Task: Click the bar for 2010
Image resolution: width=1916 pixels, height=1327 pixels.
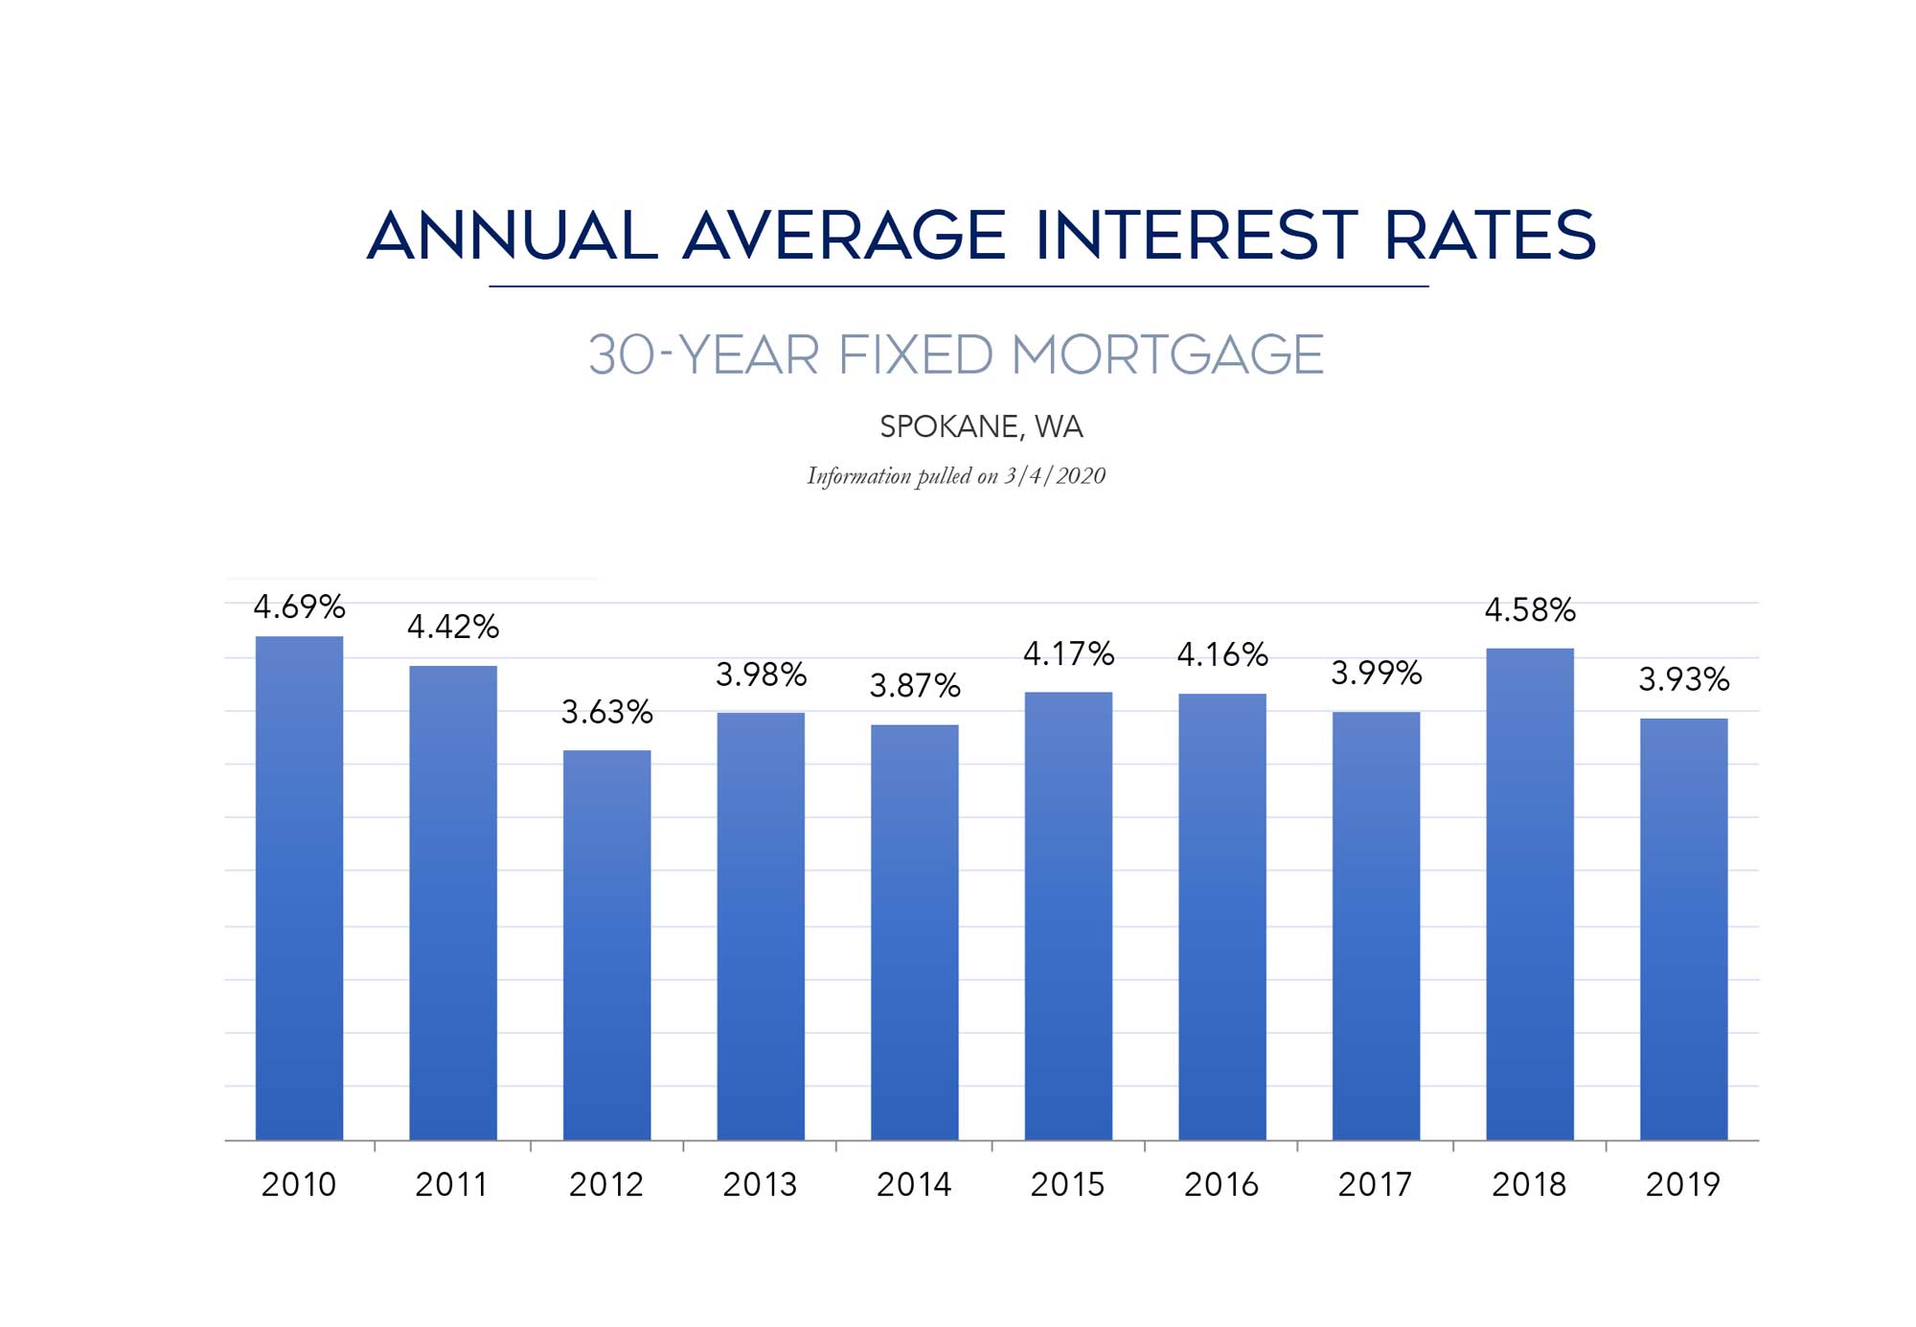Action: click(x=299, y=887)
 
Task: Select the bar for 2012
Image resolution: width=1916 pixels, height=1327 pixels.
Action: click(x=606, y=945)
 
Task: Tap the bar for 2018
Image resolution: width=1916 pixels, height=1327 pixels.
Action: click(x=1530, y=894)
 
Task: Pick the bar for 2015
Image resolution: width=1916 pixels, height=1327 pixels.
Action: click(x=1068, y=916)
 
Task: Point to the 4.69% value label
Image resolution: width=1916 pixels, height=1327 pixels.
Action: click(x=299, y=606)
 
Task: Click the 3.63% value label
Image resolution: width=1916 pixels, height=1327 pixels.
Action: click(x=606, y=712)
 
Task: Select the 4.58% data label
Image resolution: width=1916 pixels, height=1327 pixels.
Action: click(x=1530, y=610)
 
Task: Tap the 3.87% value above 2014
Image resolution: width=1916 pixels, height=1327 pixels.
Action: click(x=914, y=686)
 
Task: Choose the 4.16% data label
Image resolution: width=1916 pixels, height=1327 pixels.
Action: click(x=1221, y=655)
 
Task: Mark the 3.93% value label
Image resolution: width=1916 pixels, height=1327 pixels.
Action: click(x=1683, y=680)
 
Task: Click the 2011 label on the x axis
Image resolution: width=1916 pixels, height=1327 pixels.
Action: click(x=451, y=1185)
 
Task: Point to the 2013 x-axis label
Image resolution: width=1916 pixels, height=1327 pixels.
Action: click(x=760, y=1185)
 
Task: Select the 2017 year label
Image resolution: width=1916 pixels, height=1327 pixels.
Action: click(x=1375, y=1185)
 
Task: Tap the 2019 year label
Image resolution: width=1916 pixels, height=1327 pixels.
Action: click(x=1682, y=1185)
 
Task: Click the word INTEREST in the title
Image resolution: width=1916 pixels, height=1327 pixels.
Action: click(x=1196, y=236)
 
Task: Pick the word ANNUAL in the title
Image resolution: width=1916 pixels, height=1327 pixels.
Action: click(x=513, y=236)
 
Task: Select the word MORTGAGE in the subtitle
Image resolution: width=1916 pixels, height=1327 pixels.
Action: click(x=1167, y=355)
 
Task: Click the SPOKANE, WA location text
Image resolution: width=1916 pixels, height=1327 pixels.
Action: click(x=981, y=426)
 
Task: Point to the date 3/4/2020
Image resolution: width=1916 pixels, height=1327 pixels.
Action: click(x=1055, y=476)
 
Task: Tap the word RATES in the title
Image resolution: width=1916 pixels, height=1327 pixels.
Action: click(x=1490, y=236)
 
